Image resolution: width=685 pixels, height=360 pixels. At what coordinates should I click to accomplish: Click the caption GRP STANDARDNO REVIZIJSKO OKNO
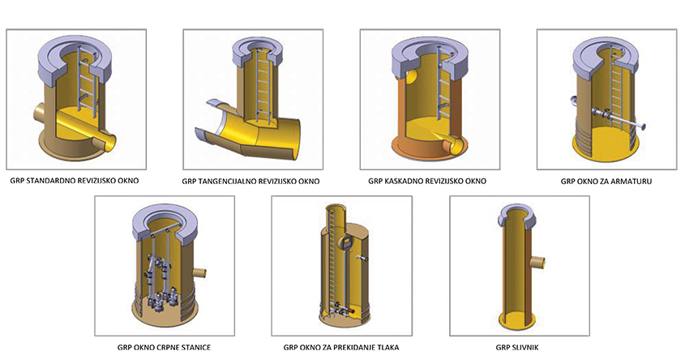coord(75,181)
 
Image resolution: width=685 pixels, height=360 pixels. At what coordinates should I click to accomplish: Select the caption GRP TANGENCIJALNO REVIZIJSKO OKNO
coord(250,182)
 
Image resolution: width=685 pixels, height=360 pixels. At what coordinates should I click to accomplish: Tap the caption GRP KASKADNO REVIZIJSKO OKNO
coord(427,181)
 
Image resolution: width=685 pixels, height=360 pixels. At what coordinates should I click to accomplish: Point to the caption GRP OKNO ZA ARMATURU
coord(606,181)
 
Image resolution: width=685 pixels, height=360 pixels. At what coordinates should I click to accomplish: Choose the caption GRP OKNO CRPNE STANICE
coord(165,348)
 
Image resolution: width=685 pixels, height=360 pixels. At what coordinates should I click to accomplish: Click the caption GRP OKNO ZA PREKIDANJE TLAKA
coord(341,348)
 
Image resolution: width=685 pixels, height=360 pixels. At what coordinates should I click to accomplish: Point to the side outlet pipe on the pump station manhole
coord(199,273)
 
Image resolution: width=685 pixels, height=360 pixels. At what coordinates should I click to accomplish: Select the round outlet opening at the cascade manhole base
coord(453,144)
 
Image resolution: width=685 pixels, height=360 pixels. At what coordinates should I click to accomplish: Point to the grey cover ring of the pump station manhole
coord(164,224)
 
